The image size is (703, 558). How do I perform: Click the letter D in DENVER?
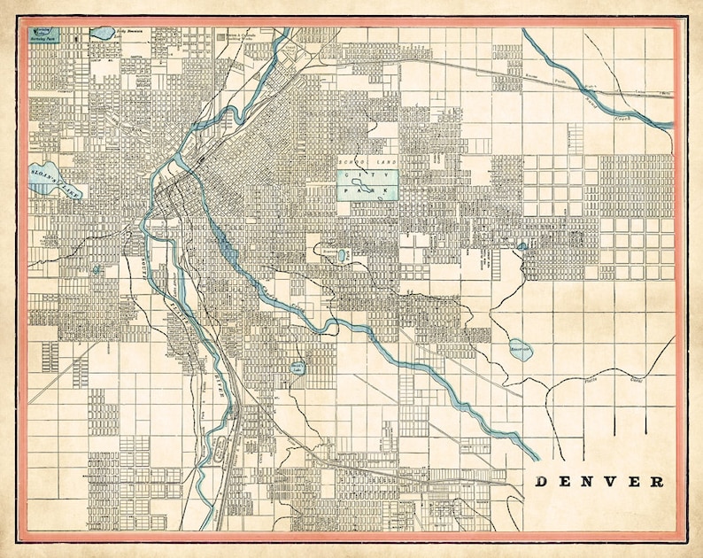tap(542, 482)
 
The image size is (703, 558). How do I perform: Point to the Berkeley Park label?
tap(42, 39)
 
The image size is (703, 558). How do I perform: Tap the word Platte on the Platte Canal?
tap(596, 378)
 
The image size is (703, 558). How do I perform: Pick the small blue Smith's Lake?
tap(297, 365)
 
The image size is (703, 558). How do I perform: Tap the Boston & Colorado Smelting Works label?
tap(243, 38)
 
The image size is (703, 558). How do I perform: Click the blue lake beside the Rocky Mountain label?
tap(101, 34)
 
